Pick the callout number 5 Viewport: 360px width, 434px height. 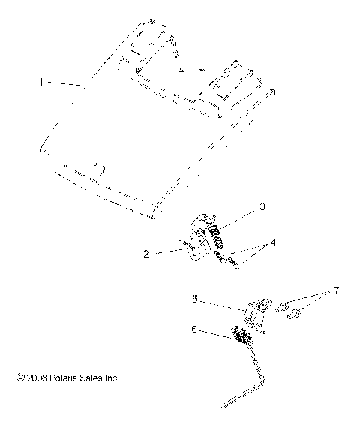tap(194, 299)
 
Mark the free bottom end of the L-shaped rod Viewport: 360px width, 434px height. tap(223, 407)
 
